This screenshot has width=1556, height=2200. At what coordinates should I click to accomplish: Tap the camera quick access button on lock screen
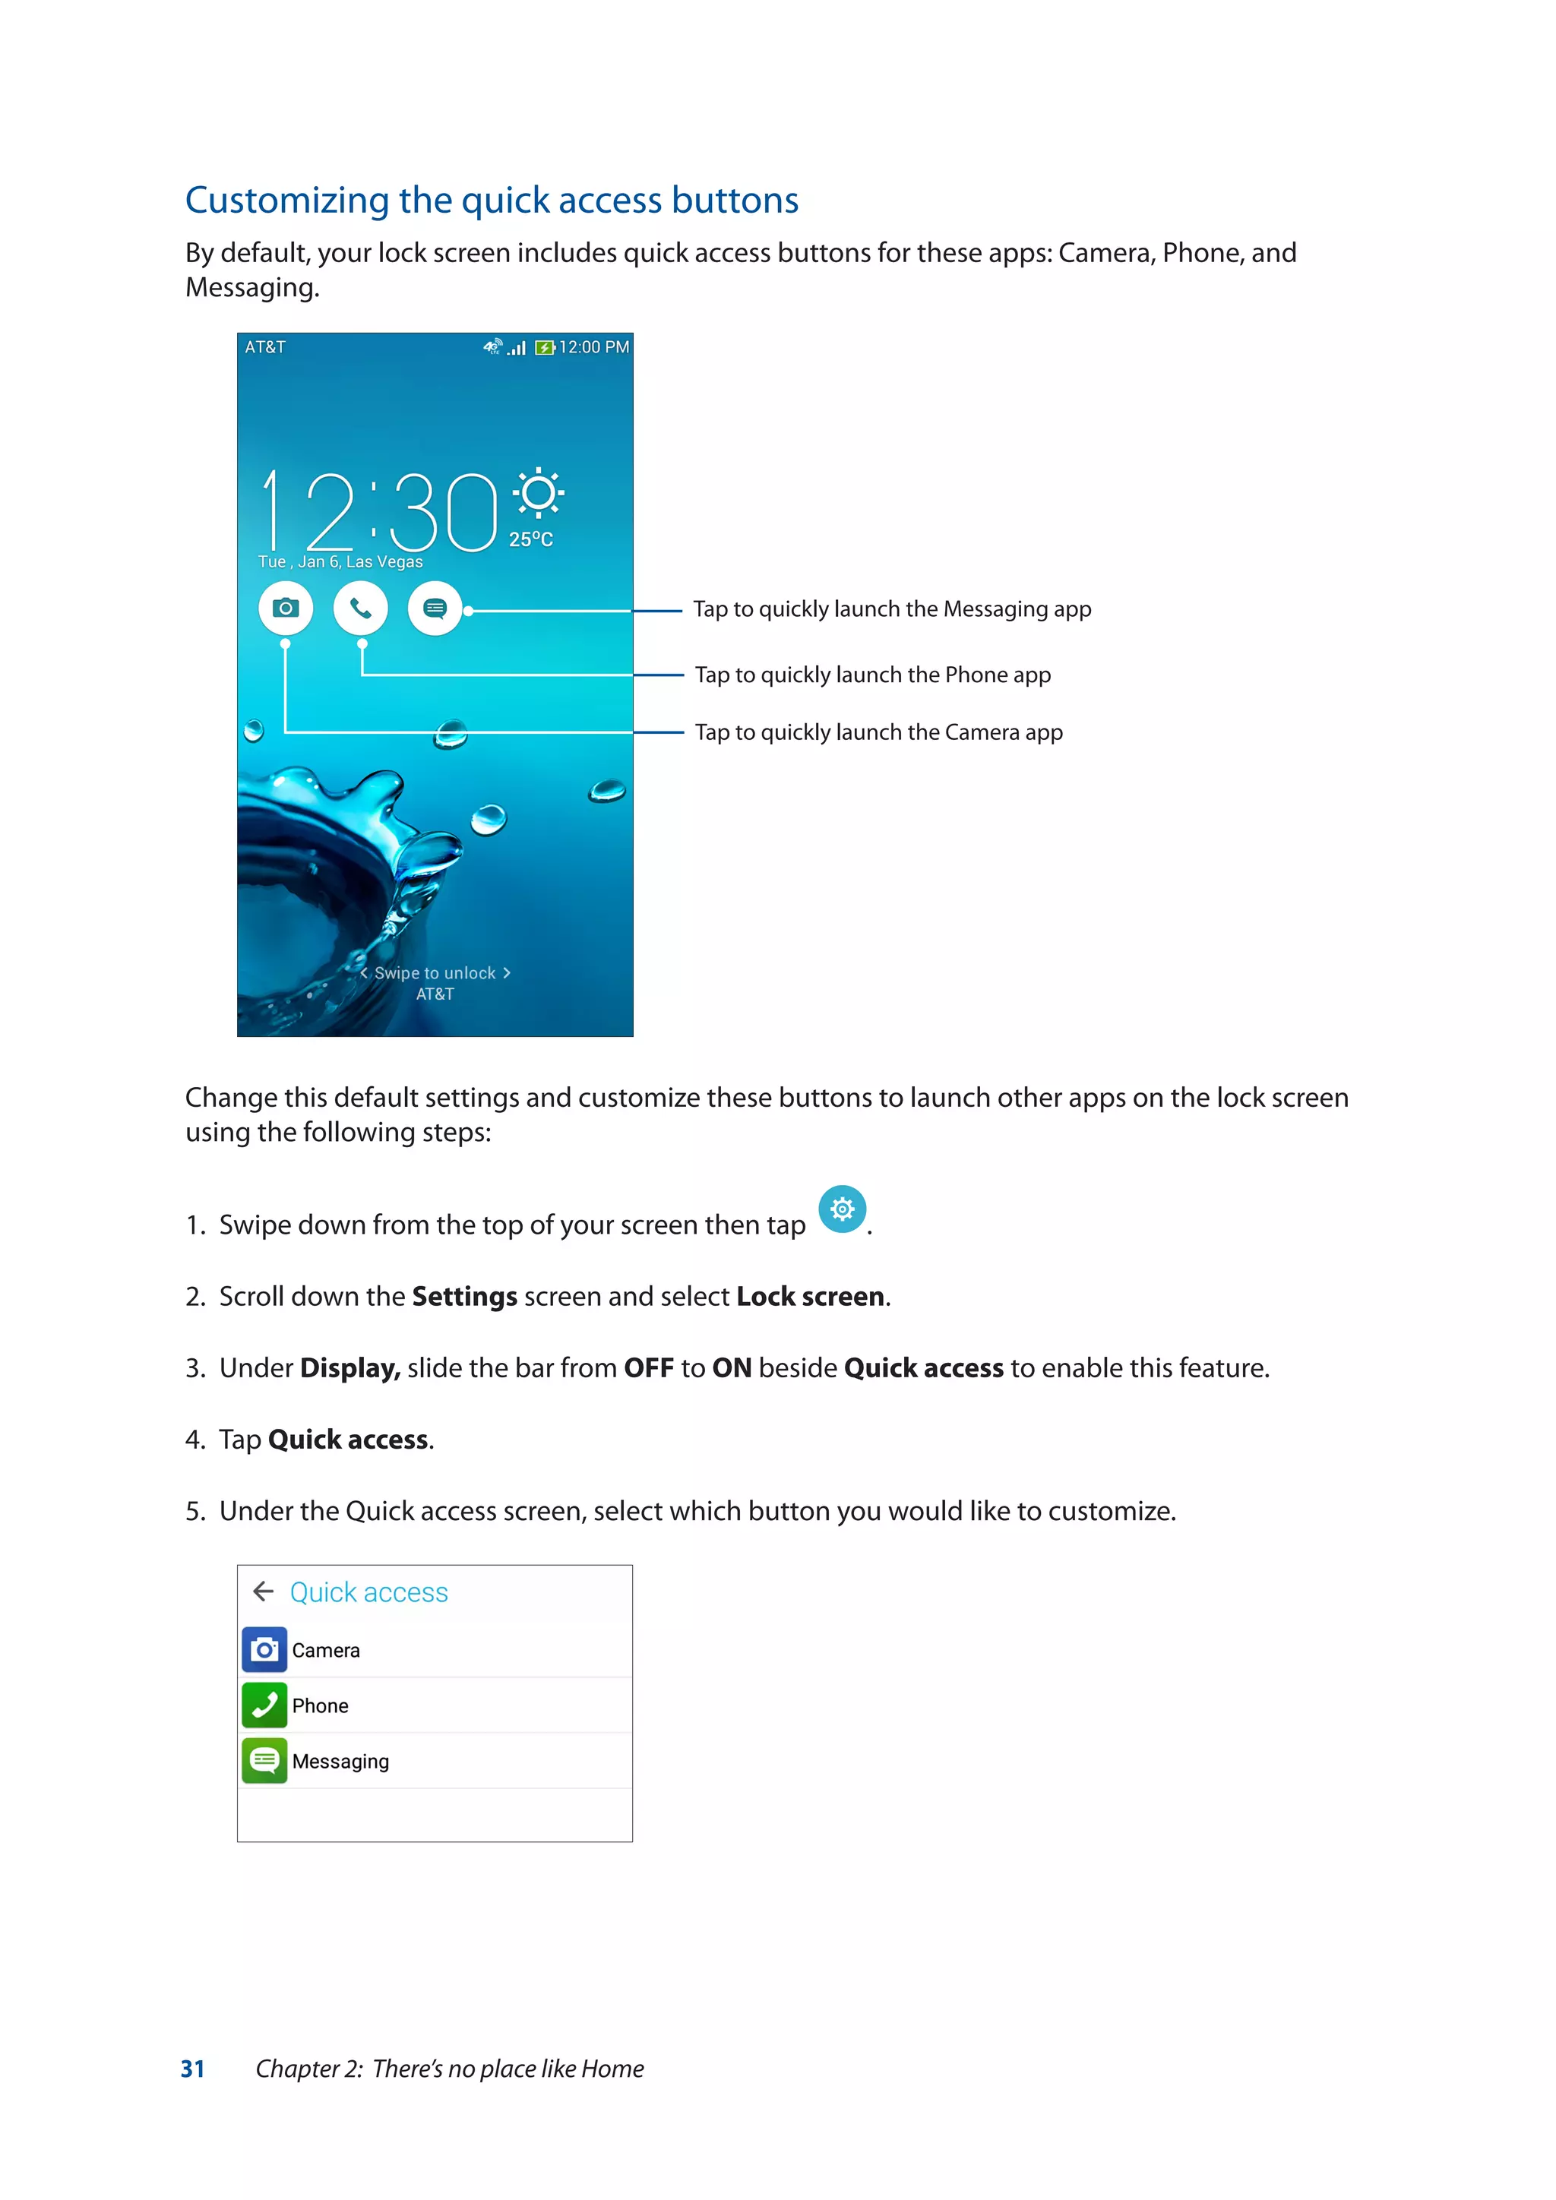(x=286, y=608)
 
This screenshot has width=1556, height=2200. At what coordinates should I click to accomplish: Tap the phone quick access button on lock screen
(x=360, y=608)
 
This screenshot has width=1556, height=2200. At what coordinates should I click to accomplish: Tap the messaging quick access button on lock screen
(x=435, y=608)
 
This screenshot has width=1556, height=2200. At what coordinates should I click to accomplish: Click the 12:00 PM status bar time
(x=594, y=347)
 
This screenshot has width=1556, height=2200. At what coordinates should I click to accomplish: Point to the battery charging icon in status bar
(x=544, y=348)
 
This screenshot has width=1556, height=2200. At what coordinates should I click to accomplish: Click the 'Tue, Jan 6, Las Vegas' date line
(x=340, y=561)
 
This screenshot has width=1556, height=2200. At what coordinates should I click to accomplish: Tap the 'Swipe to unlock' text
(x=435, y=972)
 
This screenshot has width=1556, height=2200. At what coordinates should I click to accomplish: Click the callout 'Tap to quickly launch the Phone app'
(x=872, y=675)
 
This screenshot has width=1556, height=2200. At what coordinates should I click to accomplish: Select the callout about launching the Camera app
(x=878, y=732)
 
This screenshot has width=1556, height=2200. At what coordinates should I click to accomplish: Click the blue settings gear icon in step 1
(x=842, y=1209)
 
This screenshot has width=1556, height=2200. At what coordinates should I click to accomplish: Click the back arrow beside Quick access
(x=264, y=1592)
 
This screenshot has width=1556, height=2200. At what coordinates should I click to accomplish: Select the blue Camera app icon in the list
(x=264, y=1650)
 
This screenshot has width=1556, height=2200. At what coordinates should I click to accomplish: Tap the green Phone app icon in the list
(x=264, y=1705)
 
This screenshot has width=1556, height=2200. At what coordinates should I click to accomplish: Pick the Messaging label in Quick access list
(x=340, y=1761)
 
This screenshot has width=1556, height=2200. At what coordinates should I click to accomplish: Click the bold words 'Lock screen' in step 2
(x=810, y=1297)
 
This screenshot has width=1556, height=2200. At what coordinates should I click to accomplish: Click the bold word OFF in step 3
(x=649, y=1368)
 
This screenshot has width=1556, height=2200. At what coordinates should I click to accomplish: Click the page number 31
(x=192, y=2069)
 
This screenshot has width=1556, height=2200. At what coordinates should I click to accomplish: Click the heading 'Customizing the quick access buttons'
(x=492, y=201)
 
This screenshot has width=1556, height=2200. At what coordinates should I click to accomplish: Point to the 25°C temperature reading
(x=531, y=539)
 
